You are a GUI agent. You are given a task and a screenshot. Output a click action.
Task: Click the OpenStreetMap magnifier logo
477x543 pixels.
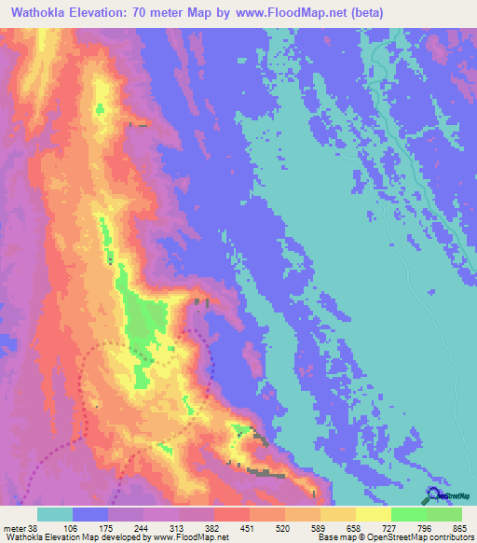(x=433, y=495)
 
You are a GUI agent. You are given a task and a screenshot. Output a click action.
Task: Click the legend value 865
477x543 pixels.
(x=460, y=527)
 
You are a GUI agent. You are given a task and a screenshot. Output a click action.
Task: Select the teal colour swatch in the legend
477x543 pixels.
(x=55, y=514)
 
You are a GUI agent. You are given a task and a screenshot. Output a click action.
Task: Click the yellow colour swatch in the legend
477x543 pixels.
(x=374, y=514)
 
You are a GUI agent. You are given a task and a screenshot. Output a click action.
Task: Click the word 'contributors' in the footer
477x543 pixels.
(x=448, y=537)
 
